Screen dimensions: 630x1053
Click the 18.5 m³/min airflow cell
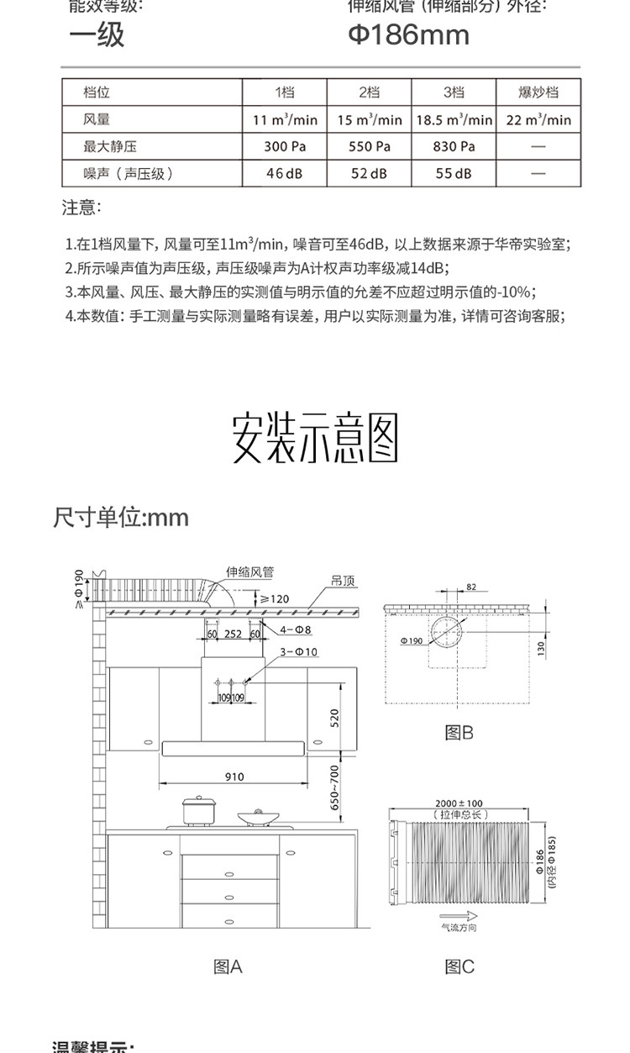coord(454,119)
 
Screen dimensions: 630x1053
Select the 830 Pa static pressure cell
coord(454,146)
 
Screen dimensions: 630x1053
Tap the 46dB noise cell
coord(284,173)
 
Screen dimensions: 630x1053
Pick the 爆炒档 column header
coord(538,92)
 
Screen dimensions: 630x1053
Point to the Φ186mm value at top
coord(409,35)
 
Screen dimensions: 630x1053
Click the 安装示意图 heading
coord(315,437)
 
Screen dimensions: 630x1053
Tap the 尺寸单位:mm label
coord(121,517)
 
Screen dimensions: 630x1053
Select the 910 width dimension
coord(234,777)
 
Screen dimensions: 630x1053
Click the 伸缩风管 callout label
coord(249,571)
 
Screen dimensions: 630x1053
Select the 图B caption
coord(459,733)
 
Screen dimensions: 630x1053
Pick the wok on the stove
coord(258,816)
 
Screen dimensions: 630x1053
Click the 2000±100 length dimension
coord(459,803)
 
